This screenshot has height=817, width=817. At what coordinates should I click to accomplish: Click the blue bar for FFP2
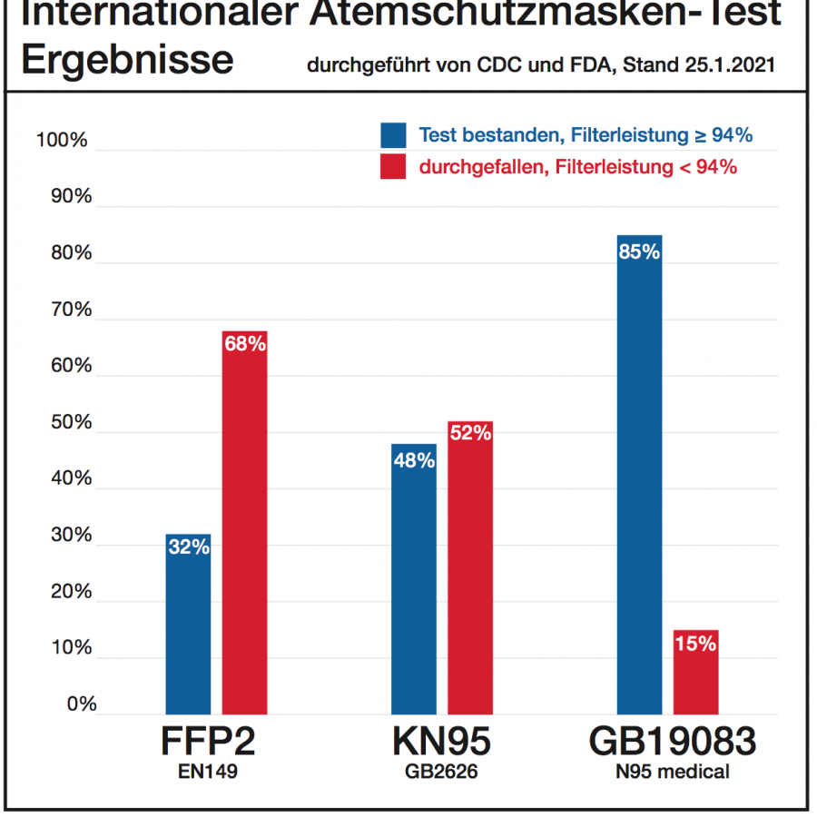coord(188,626)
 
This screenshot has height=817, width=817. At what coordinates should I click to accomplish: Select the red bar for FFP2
coord(244,527)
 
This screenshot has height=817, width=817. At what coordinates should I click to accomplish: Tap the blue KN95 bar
coord(414,581)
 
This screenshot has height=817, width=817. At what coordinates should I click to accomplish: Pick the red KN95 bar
coord(469,572)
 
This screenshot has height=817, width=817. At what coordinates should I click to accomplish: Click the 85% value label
coord(639,252)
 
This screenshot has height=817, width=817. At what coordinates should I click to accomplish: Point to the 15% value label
coord(695,645)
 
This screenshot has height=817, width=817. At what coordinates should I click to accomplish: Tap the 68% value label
coord(244,345)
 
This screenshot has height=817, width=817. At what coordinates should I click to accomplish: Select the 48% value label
coord(414,459)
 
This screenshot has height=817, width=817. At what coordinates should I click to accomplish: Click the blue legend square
coord(393,135)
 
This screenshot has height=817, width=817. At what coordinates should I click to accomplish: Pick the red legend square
coord(393,166)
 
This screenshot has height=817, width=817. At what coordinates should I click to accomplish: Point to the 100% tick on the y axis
coord(62,141)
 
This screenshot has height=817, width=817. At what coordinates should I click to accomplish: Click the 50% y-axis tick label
coord(66,423)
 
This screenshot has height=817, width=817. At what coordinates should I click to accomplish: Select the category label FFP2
coord(208,743)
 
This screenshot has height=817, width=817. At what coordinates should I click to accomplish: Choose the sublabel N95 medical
coord(673,773)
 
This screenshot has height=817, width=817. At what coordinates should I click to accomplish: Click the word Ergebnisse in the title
coord(127,60)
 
